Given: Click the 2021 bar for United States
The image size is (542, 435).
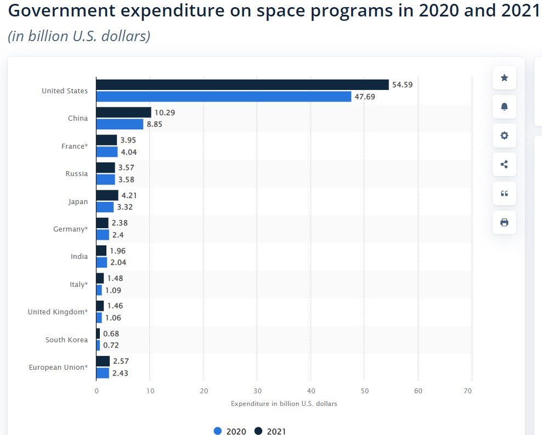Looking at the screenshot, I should (242, 84).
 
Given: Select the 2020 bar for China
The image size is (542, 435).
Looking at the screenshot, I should (120, 124).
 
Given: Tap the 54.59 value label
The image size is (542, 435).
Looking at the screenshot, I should (402, 84).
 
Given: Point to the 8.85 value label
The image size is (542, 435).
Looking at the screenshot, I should (154, 124).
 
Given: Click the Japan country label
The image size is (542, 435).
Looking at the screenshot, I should (78, 201).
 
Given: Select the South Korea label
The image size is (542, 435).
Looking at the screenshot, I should (66, 340).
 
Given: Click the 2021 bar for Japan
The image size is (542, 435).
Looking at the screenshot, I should (107, 195).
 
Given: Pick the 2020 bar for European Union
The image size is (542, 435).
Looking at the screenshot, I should (103, 373).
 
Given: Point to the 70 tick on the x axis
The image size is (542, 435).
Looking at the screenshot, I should (467, 391).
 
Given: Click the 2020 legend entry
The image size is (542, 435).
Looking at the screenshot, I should (230, 431).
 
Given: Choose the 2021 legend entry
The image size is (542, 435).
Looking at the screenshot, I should (270, 431).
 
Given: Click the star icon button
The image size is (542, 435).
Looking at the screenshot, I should (504, 78).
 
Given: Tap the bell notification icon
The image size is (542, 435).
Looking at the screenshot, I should (504, 107).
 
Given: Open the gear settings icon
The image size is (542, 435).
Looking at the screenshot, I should (504, 135).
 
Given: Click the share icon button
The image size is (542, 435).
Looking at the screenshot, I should (504, 164).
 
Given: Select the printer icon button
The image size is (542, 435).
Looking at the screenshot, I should (504, 222).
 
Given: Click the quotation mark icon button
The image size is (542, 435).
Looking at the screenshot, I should (504, 193).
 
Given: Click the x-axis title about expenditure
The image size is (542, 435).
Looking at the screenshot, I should (284, 404).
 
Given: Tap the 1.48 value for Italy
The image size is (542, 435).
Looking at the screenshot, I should (115, 278).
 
